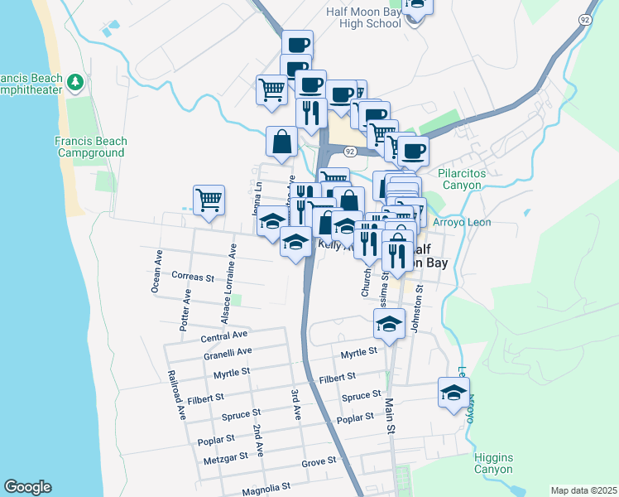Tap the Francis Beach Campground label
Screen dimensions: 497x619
[x=90, y=147]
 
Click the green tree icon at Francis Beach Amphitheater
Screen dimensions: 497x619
[x=75, y=81]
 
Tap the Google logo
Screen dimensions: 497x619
[x=27, y=487]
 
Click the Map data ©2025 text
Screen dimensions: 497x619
[x=583, y=490]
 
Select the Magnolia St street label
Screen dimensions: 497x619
[x=266, y=488]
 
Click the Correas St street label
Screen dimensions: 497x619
[x=194, y=276]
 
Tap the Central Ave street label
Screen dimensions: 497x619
[x=224, y=335]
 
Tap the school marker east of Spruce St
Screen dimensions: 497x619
[x=453, y=392]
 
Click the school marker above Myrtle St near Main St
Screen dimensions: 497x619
[x=388, y=323]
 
